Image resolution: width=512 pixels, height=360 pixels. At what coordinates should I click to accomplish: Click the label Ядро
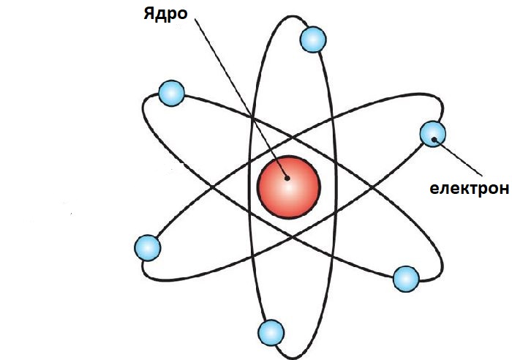pyautogui.click(x=165, y=15)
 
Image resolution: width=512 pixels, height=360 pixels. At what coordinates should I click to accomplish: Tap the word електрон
pyautogui.click(x=470, y=189)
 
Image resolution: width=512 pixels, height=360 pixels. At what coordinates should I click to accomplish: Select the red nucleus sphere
pyautogui.click(x=289, y=187)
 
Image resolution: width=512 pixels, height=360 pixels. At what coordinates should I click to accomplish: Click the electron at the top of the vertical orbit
pyautogui.click(x=313, y=40)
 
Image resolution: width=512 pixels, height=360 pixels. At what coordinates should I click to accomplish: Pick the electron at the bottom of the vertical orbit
pyautogui.click(x=271, y=332)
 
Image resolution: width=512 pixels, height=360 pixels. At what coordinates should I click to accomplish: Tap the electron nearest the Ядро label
pyautogui.click(x=171, y=93)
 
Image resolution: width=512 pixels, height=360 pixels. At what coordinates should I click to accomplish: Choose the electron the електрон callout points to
pyautogui.click(x=433, y=134)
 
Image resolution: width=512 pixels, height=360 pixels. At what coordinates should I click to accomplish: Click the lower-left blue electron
pyautogui.click(x=148, y=248)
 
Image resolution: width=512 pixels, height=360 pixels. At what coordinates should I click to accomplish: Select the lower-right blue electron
pyautogui.click(x=406, y=279)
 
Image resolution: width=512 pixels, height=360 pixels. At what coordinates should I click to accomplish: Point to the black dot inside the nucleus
pyautogui.click(x=287, y=178)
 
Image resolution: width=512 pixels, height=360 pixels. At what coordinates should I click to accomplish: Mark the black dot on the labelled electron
pyautogui.click(x=434, y=140)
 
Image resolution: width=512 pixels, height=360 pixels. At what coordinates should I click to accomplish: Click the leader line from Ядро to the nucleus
pyautogui.click(x=241, y=98)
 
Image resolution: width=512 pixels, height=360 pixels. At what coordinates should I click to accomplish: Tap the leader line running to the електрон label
pyautogui.click(x=458, y=157)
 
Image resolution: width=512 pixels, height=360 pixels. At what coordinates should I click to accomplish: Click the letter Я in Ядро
pyautogui.click(x=149, y=13)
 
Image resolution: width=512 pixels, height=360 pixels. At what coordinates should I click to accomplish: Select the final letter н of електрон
pyautogui.click(x=504, y=189)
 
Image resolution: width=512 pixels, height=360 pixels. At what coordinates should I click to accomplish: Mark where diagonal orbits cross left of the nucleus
pyautogui.click(x=213, y=187)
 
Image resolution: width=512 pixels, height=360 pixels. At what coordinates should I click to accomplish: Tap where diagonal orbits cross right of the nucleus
pyautogui.click(x=372, y=187)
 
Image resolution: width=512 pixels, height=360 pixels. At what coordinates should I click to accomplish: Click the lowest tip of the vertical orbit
pyautogui.click(x=293, y=359)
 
